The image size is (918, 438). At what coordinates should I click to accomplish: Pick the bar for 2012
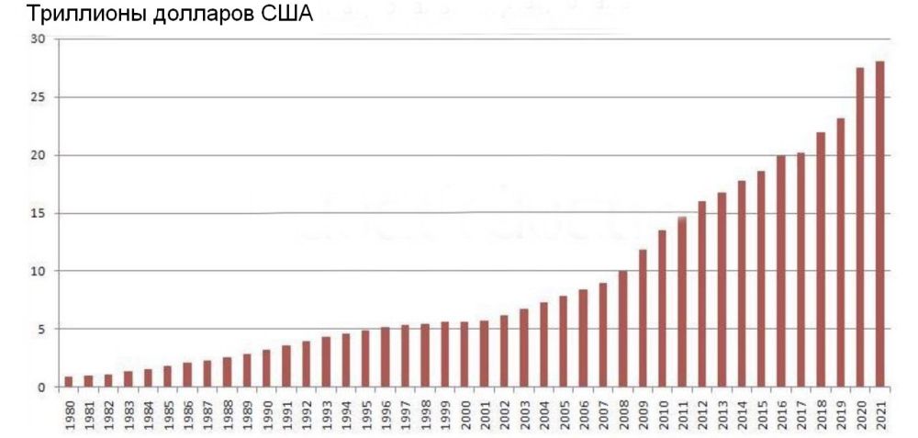click(x=701, y=294)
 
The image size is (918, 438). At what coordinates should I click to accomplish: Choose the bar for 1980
click(x=69, y=382)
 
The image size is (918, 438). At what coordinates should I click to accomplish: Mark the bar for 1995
click(x=365, y=359)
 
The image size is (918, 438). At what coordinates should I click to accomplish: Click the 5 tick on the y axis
click(x=39, y=329)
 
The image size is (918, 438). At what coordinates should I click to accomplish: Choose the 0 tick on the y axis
click(x=39, y=387)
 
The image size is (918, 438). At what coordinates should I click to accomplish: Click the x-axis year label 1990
click(x=267, y=410)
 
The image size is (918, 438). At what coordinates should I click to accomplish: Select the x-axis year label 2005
click(x=564, y=410)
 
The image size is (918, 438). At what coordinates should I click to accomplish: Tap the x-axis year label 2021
click(x=880, y=410)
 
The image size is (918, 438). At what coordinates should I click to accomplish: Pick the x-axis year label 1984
click(x=149, y=410)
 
